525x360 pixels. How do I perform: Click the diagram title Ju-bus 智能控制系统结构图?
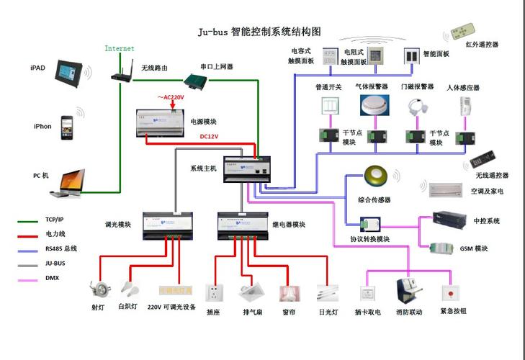tap(259, 32)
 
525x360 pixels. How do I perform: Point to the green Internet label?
tap(120, 49)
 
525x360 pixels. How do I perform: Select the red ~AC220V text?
tap(171, 96)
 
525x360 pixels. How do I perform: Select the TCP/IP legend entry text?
tap(55, 219)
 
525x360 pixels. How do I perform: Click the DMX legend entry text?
tap(52, 279)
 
